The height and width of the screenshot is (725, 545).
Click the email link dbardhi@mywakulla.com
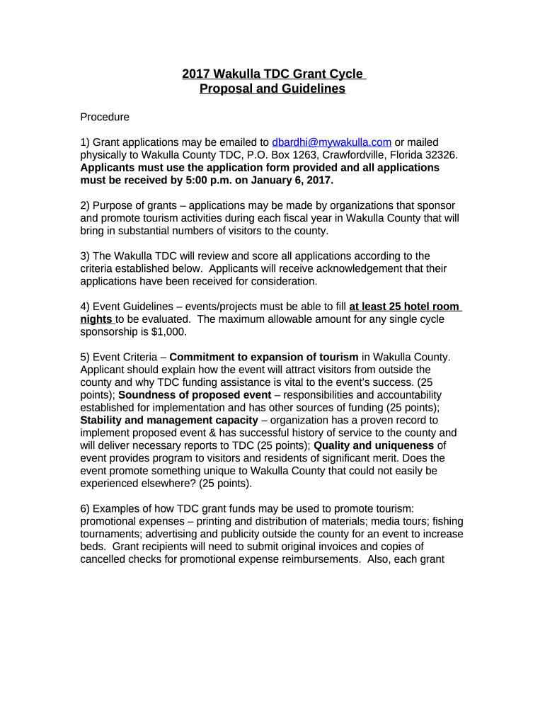(331, 142)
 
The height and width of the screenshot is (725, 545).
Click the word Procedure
(105, 117)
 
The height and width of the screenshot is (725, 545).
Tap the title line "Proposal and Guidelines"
(272, 89)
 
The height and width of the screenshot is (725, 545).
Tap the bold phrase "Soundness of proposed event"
(195, 395)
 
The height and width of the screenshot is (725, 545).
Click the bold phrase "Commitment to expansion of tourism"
(264, 357)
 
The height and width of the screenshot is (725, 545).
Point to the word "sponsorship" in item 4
(110, 332)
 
